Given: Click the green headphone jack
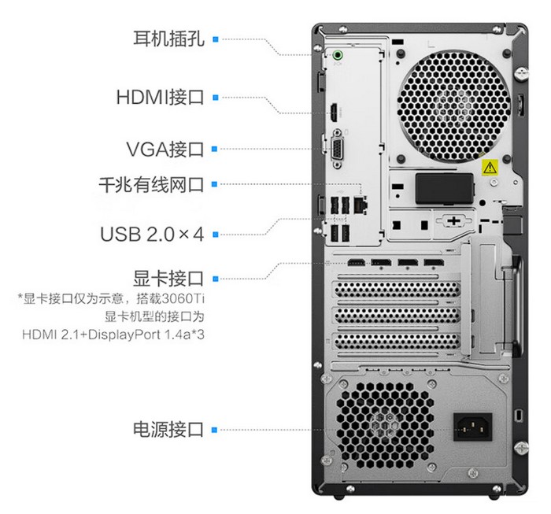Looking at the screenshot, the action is click(338, 55).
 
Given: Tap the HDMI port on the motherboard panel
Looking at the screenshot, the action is click(334, 113).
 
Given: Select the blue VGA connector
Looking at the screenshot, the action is click(337, 149).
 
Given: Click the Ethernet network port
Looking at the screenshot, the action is click(361, 205).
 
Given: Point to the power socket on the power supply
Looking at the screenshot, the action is click(472, 427).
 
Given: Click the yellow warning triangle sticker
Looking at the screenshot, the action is click(490, 167).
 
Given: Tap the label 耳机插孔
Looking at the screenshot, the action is click(168, 39).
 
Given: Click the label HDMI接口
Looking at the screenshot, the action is click(161, 98).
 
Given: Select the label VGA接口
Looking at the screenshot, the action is click(165, 149).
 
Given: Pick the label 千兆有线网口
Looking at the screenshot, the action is click(151, 184).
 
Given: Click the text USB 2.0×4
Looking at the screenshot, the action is click(152, 235).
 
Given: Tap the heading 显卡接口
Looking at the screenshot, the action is click(168, 279).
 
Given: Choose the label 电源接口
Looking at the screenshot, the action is click(168, 429).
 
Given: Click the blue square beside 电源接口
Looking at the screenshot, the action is click(215, 430).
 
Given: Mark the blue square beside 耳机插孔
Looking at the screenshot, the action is click(216, 39).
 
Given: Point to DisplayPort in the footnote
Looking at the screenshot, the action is click(124, 335).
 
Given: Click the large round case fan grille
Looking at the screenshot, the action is click(453, 105).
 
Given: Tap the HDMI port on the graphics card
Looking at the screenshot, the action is click(357, 262).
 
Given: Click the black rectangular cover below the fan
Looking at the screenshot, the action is click(444, 189).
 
